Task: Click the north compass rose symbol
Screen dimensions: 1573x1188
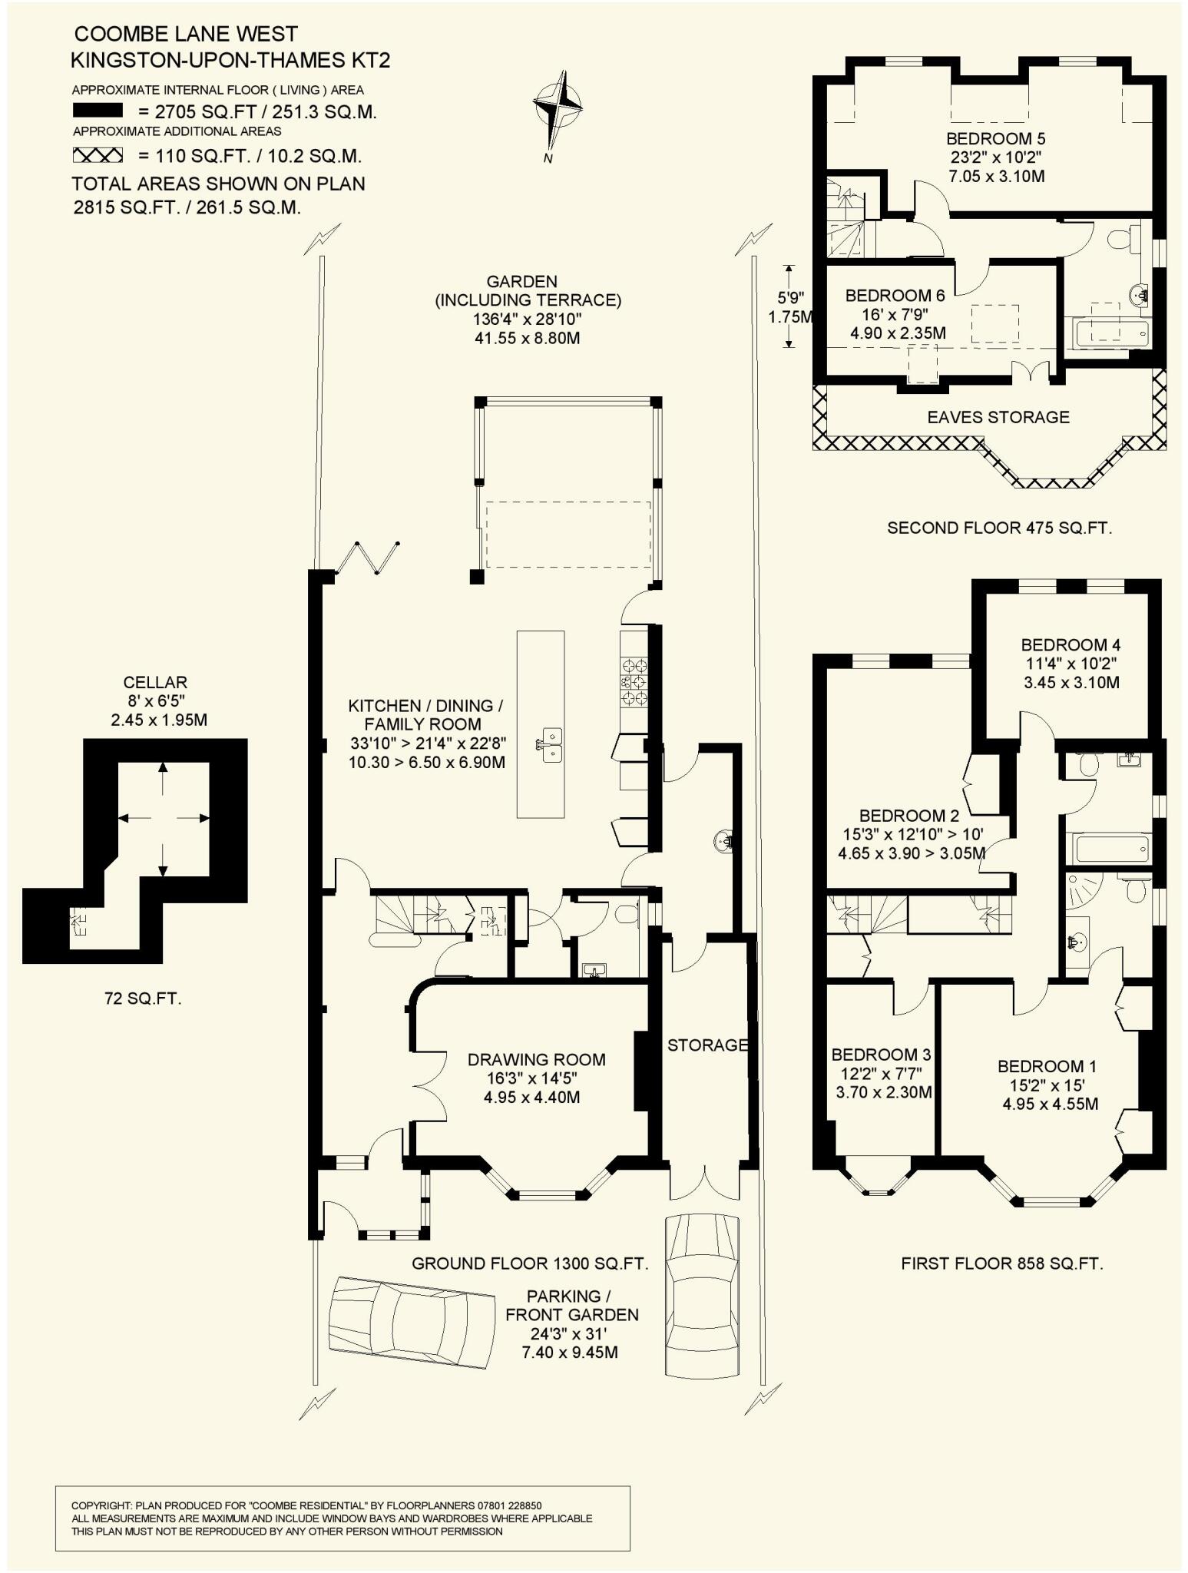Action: point(558,108)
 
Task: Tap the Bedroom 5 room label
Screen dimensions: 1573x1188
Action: point(995,139)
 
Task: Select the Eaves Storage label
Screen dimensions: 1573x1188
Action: point(998,417)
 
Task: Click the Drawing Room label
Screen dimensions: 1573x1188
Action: point(536,1060)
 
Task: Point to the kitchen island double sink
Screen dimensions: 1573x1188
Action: point(550,744)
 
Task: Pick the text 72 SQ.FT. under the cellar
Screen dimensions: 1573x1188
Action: point(143,998)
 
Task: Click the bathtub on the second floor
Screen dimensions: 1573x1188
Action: point(1112,333)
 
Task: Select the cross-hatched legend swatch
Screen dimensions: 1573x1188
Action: point(98,156)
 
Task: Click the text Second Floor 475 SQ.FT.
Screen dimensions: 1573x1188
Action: point(999,528)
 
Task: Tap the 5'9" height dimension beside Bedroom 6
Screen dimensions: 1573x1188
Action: point(789,296)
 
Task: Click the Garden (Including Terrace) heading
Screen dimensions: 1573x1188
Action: point(528,291)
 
